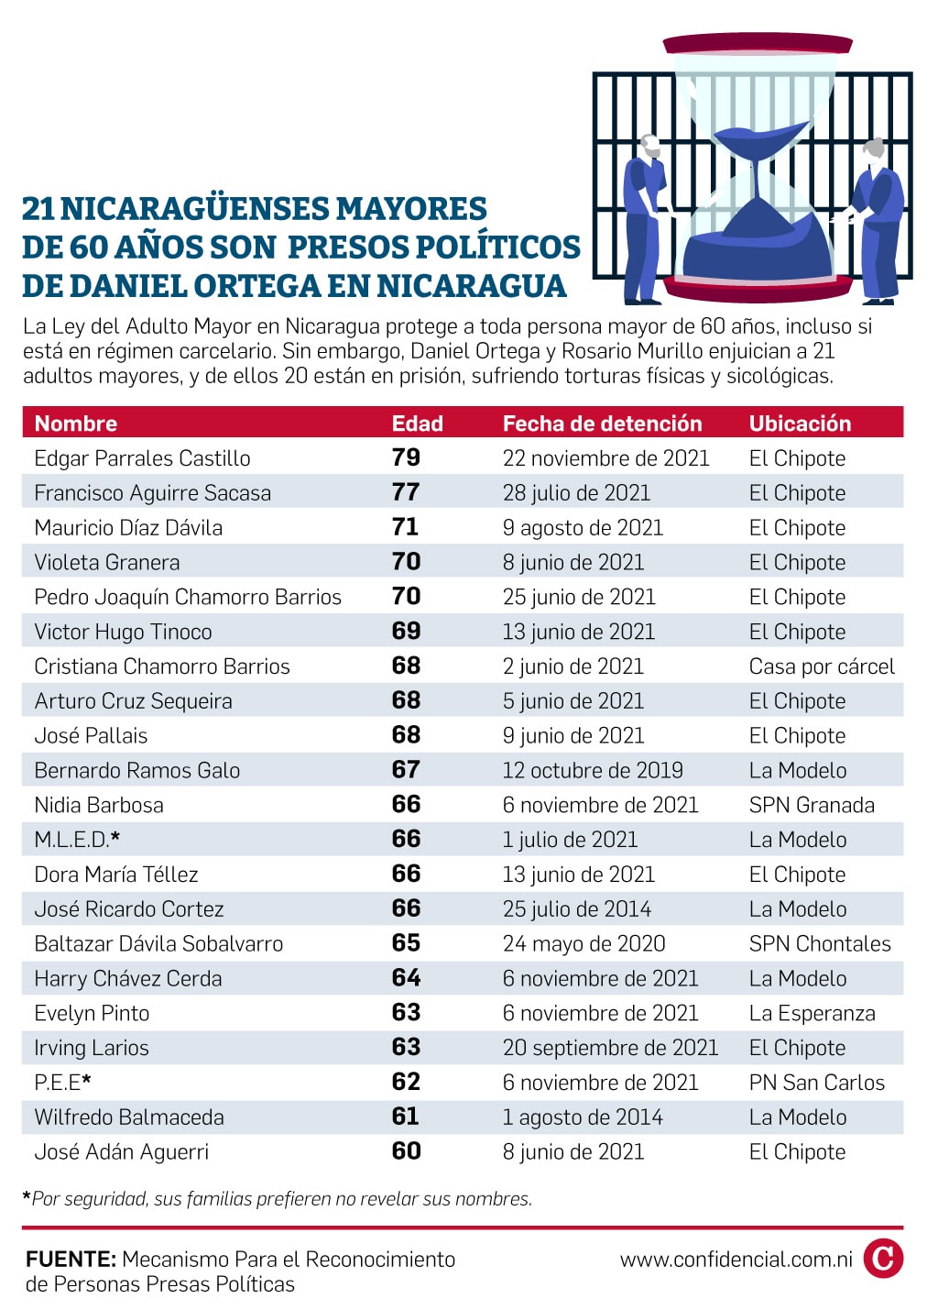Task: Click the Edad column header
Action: [417, 424]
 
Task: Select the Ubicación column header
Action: [800, 424]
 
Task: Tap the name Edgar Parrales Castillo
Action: [142, 458]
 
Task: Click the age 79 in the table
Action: [406, 457]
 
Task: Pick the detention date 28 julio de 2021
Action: [576, 493]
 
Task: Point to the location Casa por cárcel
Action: [822, 666]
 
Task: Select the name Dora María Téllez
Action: [116, 875]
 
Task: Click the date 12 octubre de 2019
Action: [593, 770]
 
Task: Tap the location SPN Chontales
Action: [820, 944]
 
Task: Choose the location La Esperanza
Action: [813, 1014]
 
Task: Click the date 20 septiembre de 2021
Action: [611, 1048]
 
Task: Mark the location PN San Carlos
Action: [817, 1083]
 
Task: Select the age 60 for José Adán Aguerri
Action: [406, 1150]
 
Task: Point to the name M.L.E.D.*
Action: [77, 840]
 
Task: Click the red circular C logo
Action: [883, 1259]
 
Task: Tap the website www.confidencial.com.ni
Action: [736, 1259]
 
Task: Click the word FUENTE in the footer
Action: [71, 1259]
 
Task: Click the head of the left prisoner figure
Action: [649, 146]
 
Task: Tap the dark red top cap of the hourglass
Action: [758, 44]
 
